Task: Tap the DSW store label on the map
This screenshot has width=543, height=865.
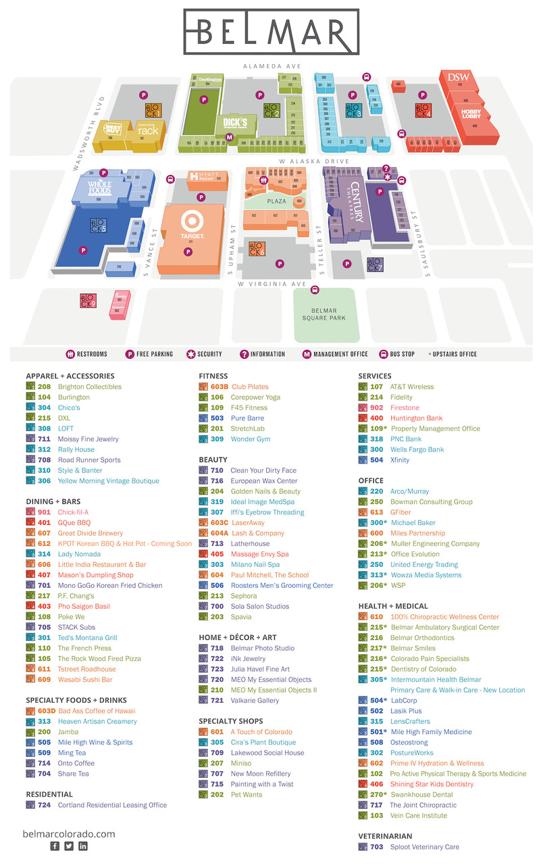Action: [x=457, y=77]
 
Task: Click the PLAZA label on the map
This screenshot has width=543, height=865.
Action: [x=276, y=201]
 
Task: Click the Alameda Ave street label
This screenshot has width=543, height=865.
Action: [x=272, y=66]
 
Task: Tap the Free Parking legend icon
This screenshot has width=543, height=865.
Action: [x=130, y=354]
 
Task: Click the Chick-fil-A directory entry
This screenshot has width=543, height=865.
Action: [x=73, y=512]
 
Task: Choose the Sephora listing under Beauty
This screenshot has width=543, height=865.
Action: [x=244, y=596]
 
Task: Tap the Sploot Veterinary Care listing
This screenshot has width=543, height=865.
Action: [x=424, y=847]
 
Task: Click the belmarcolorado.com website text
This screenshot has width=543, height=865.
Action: [x=69, y=834]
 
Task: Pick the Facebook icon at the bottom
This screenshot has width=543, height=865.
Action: [x=55, y=846]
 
